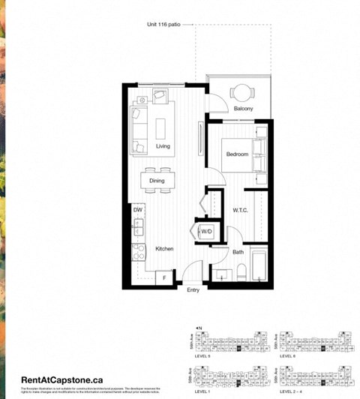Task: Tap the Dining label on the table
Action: click(x=157, y=181)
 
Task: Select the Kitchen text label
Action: click(x=165, y=248)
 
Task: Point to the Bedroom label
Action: click(x=238, y=154)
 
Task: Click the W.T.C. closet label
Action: click(x=240, y=210)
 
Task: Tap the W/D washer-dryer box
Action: click(x=205, y=232)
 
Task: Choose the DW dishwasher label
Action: click(x=138, y=210)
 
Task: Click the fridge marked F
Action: click(x=164, y=278)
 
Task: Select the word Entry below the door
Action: click(x=193, y=290)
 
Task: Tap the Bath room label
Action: click(x=238, y=252)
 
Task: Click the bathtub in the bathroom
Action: click(x=258, y=265)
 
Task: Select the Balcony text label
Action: click(x=243, y=109)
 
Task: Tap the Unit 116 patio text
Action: click(x=165, y=25)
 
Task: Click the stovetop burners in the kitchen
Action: click(x=138, y=252)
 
